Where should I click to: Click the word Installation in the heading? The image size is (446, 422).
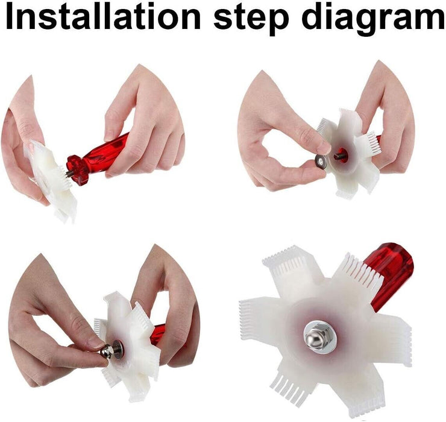pos(104,16)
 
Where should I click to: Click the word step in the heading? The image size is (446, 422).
pos(251,19)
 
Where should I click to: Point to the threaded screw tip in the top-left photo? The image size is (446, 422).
pos(69,174)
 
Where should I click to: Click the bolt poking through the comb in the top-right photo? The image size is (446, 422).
pos(339,156)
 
